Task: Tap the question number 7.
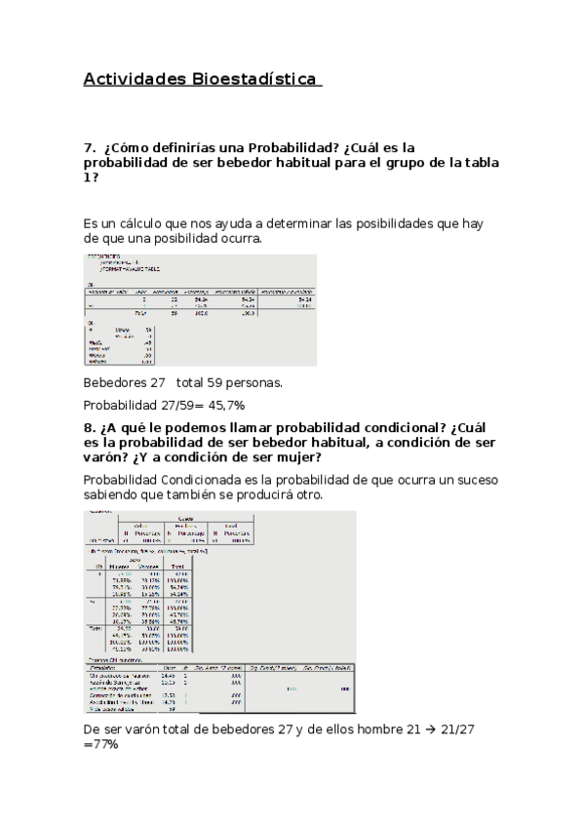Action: (x=88, y=148)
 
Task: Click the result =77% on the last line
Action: (x=101, y=744)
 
